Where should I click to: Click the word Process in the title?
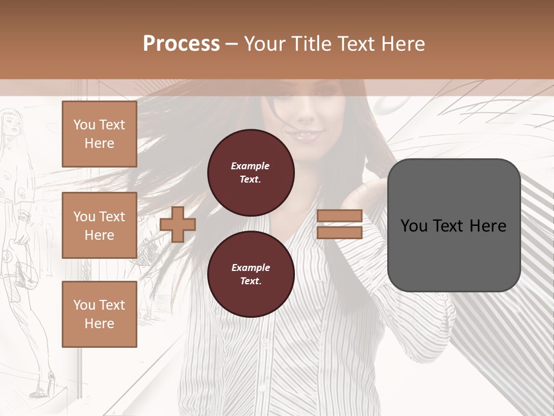pyautogui.click(x=181, y=44)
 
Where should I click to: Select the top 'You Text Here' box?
pyautogui.click(x=99, y=134)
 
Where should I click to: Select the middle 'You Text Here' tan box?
pyautogui.click(x=99, y=225)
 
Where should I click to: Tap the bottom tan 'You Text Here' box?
pyautogui.click(x=99, y=314)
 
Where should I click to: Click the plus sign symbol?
pyautogui.click(x=178, y=224)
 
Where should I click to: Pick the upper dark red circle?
pyautogui.click(x=250, y=173)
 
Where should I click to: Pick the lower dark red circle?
pyautogui.click(x=250, y=274)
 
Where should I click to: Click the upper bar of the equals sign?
pyautogui.click(x=339, y=216)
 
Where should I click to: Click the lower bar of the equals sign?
pyautogui.click(x=339, y=233)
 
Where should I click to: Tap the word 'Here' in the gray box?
pyautogui.click(x=488, y=226)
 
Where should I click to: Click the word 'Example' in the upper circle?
pyautogui.click(x=250, y=166)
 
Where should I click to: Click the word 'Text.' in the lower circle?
pyautogui.click(x=250, y=281)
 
